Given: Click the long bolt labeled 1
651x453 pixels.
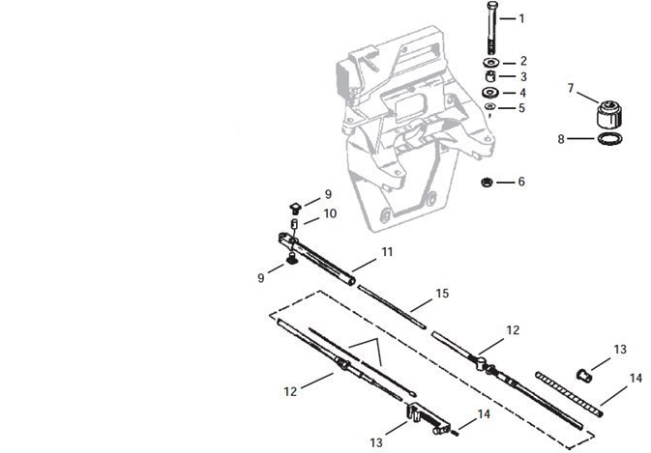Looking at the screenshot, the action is (491, 28).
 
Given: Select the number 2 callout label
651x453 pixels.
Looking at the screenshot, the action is (523, 61).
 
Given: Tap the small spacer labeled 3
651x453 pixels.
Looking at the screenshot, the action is (490, 76).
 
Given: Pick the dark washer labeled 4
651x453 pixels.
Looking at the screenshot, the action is (490, 92).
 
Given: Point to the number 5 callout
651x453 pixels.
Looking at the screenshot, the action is (522, 108).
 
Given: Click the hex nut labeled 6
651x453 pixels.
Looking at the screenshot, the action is (487, 182).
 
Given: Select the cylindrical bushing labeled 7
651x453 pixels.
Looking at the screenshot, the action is (609, 114).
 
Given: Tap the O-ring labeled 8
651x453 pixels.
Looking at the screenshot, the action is (609, 139).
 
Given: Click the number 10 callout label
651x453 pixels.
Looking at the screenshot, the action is (330, 213).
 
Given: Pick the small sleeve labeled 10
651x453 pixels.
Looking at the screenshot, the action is (294, 224).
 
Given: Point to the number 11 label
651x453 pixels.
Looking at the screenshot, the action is (387, 251).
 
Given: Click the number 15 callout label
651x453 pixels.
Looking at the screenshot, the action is (442, 294).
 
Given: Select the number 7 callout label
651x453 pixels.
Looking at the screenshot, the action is (571, 88).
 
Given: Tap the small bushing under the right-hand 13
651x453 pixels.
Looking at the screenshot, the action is (584, 375).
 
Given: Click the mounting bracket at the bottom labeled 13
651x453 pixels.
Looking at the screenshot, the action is (429, 419).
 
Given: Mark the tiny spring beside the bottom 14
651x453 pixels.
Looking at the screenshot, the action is (456, 433).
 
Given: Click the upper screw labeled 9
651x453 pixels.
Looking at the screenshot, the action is (295, 208).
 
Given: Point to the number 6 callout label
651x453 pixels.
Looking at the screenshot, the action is (521, 182).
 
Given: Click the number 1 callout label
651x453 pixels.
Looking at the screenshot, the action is (521, 18).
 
